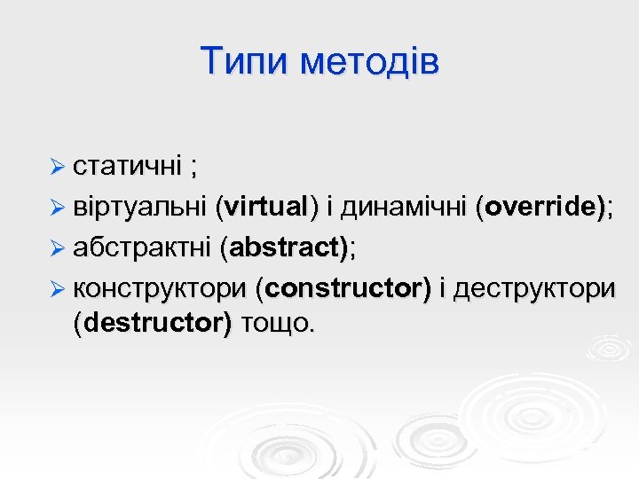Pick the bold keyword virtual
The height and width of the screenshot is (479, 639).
click(266, 207)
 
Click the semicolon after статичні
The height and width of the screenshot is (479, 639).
click(193, 168)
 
